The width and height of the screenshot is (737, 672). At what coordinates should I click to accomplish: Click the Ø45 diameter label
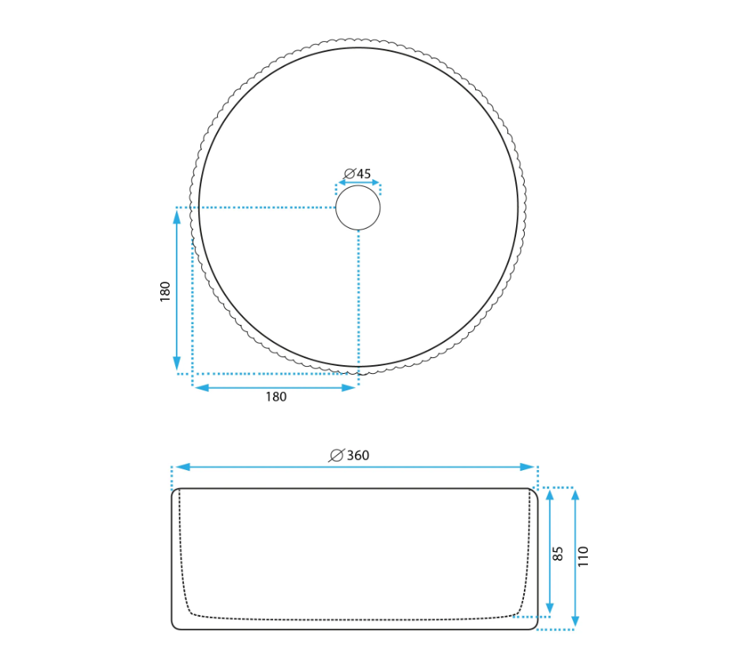pyautogui.click(x=357, y=174)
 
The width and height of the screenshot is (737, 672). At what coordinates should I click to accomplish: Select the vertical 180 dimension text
pyautogui.click(x=165, y=291)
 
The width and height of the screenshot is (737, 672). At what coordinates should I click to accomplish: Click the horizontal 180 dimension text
pyautogui.click(x=276, y=397)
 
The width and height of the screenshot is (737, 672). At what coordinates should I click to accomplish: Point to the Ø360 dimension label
pyautogui.click(x=349, y=455)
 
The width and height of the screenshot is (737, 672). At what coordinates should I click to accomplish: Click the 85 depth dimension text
pyautogui.click(x=557, y=553)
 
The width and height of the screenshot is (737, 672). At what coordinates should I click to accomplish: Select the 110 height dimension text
pyautogui.click(x=583, y=556)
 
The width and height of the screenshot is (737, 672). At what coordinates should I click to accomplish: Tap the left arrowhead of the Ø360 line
pyautogui.click(x=182, y=467)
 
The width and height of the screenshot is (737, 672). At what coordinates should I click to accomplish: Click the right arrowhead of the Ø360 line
pyautogui.click(x=527, y=467)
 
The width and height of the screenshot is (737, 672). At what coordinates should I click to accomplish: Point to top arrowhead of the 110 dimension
pyautogui.click(x=574, y=495)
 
